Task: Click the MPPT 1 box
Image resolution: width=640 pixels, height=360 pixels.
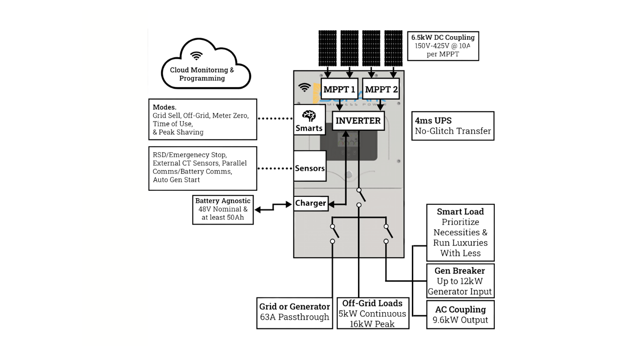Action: (340, 89)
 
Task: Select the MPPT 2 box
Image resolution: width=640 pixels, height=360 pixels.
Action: (381, 89)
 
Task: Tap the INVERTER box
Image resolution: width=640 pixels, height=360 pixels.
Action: (358, 120)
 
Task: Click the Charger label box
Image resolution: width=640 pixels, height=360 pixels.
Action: (311, 203)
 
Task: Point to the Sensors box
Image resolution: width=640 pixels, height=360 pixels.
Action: (310, 168)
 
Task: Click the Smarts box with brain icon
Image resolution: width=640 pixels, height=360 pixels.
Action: (309, 120)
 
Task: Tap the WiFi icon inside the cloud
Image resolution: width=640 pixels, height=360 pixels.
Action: (197, 57)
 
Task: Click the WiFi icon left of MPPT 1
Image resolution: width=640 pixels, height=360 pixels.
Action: (305, 88)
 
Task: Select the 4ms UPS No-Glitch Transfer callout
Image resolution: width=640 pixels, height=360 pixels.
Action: (453, 126)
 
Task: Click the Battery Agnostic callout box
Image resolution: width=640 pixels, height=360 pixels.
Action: (223, 209)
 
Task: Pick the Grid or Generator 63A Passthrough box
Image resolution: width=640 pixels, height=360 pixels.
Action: (295, 313)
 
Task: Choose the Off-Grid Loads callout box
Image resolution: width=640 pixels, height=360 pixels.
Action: (373, 313)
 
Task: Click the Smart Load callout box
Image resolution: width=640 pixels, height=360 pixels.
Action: (460, 232)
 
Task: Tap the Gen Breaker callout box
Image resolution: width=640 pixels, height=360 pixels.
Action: (460, 281)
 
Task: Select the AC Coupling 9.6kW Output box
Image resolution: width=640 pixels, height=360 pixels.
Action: (460, 315)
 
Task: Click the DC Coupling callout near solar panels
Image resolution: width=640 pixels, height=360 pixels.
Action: (443, 45)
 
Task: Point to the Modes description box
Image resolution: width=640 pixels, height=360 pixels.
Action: (203, 119)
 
